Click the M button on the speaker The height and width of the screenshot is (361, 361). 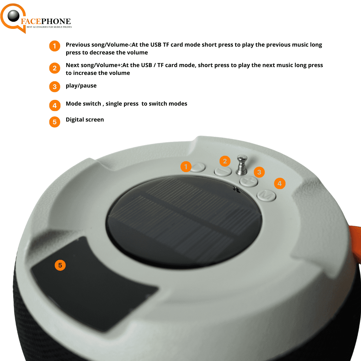267,196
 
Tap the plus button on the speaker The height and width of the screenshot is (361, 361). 249,181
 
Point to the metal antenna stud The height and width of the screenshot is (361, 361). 242,164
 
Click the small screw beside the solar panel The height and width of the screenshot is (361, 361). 236,189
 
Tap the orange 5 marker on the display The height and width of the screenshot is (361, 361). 60,265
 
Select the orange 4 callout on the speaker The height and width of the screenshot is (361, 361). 279,183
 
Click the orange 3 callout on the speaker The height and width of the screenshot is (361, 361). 259,172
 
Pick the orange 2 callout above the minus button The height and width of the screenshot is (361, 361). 225,161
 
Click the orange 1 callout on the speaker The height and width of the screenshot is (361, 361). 186,166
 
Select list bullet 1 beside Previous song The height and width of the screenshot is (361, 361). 54,46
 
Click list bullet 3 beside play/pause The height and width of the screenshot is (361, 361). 54,87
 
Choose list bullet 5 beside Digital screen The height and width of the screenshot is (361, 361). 54,122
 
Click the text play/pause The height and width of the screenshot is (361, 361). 81,86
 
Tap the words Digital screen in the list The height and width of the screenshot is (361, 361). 85,120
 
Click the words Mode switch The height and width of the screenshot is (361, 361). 83,104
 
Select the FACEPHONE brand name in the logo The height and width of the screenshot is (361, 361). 46,22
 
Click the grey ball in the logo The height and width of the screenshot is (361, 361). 14,16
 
